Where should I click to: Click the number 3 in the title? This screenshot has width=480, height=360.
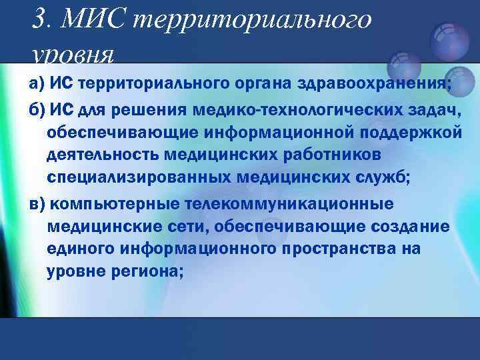[39, 19]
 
